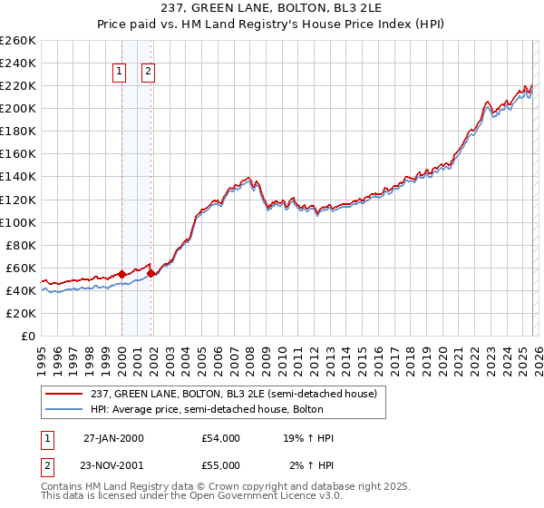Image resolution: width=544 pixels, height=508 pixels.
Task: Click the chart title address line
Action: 271,9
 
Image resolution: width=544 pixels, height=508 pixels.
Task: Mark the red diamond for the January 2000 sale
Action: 122,274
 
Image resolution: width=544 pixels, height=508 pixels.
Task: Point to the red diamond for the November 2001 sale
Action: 151,273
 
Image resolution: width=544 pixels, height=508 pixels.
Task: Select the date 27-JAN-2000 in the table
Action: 113,438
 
